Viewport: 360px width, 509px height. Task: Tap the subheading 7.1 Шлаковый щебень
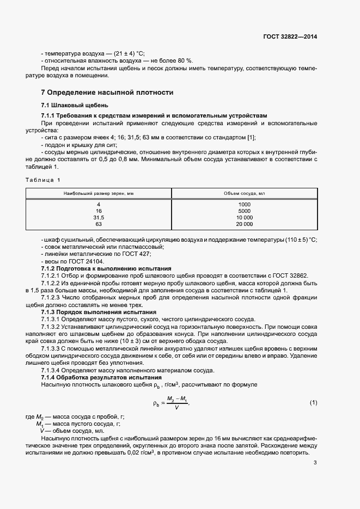75,105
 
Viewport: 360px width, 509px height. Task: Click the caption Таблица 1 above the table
44,179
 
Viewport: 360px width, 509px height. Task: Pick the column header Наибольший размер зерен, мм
99,193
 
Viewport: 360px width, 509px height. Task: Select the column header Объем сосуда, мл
245,193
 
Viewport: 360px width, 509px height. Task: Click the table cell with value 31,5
99,217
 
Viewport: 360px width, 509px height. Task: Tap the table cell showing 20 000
245,224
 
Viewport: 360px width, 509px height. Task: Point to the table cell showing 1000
245,204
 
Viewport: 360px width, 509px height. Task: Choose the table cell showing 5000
245,211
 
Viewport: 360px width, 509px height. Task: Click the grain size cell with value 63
99,224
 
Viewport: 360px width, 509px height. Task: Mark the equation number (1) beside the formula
313,402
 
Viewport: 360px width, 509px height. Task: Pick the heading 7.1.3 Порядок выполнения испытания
99,312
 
